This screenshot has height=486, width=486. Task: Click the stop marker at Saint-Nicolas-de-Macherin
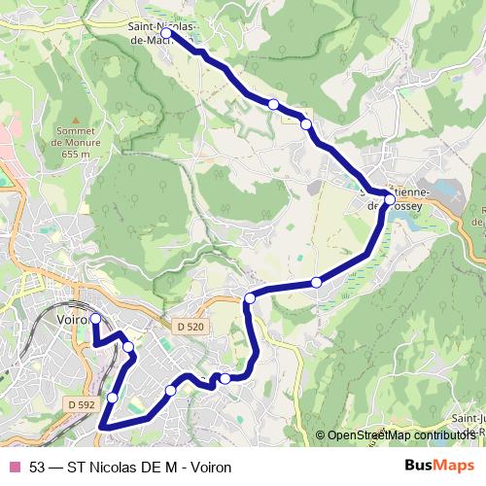click(x=166, y=33)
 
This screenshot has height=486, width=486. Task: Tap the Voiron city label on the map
click(x=73, y=318)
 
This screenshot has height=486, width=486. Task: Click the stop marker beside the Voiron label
click(x=95, y=319)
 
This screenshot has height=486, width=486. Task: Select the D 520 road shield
click(x=191, y=328)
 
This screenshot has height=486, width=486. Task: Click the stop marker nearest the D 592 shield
click(x=113, y=397)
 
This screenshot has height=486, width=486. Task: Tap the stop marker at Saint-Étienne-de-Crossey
click(x=389, y=200)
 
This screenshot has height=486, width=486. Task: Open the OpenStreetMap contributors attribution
click(x=400, y=434)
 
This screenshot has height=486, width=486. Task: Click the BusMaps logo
click(x=446, y=467)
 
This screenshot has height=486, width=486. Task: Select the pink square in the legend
click(x=14, y=468)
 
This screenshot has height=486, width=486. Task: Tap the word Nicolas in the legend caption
click(x=106, y=468)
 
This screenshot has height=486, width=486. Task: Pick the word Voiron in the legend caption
click(x=211, y=468)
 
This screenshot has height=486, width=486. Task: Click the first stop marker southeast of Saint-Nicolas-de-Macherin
click(x=274, y=103)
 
